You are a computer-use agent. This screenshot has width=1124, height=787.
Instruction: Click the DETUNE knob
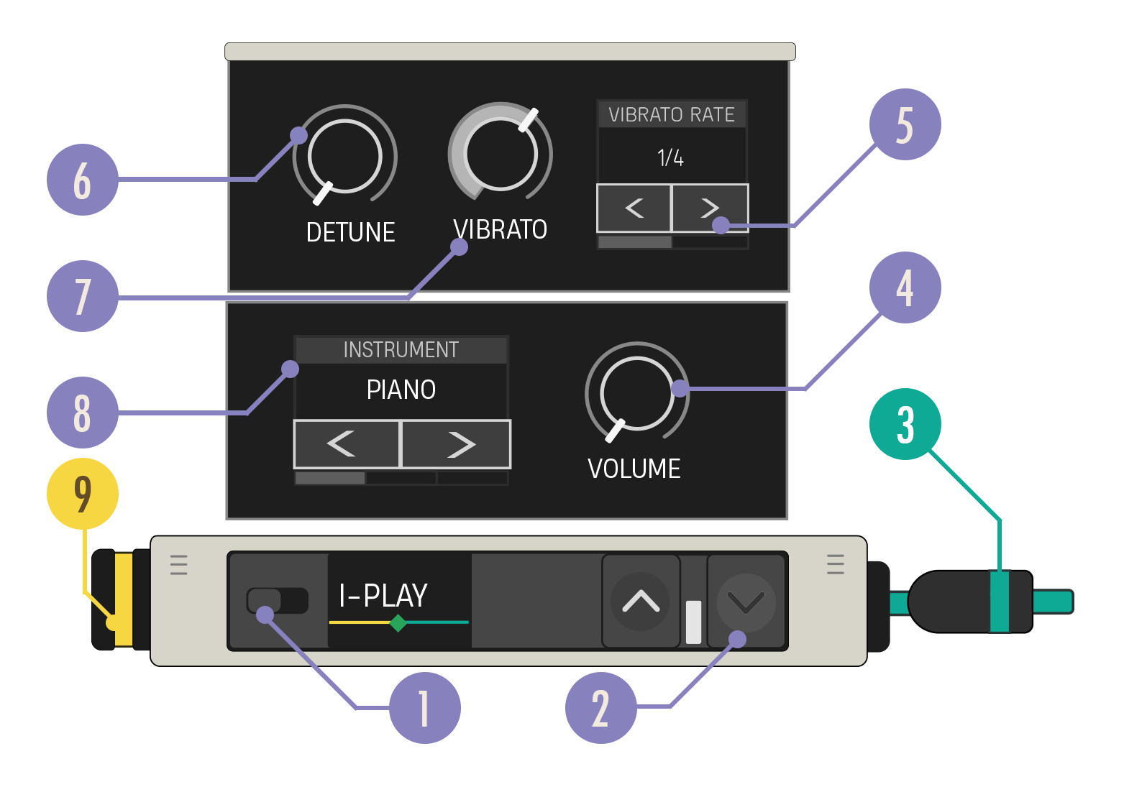coord(344,156)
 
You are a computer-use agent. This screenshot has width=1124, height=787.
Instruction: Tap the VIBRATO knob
coord(501,154)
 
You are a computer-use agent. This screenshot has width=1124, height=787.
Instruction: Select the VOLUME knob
coord(636,392)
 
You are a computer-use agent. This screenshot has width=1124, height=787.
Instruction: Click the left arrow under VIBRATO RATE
coord(634,208)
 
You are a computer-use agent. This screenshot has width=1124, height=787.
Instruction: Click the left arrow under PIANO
coord(346,444)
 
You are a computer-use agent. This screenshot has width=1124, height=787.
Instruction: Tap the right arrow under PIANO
coord(456,444)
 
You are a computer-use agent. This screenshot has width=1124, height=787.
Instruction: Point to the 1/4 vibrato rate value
coord(670,157)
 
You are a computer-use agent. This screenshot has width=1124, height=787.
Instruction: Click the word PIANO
coord(401,390)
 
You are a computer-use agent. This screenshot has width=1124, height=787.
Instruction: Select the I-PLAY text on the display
coord(383,595)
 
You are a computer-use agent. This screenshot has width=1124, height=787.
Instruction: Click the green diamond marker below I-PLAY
coord(398,622)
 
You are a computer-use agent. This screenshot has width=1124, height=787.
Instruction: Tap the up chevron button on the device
coord(641,600)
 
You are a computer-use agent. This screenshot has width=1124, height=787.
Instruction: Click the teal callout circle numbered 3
coord(905,424)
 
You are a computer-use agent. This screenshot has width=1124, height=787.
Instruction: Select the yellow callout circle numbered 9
coord(82,494)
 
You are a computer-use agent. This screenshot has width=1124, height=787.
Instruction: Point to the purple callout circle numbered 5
coord(905,124)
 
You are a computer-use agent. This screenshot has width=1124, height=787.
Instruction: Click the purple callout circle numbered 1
coord(424,707)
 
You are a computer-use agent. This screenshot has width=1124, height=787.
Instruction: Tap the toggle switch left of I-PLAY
coord(277,600)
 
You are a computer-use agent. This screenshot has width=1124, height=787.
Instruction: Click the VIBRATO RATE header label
coord(672,114)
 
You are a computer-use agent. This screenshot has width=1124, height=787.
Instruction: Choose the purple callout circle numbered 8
coord(82,413)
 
